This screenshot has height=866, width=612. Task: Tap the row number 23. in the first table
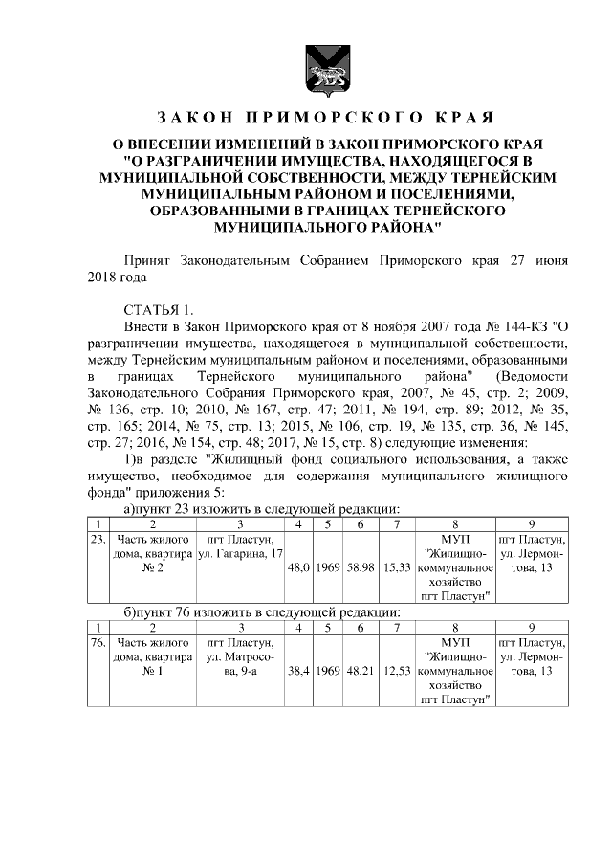tap(97, 539)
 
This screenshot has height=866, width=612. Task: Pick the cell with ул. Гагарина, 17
tap(239, 554)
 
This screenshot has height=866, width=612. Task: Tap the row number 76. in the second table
tap(97, 643)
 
